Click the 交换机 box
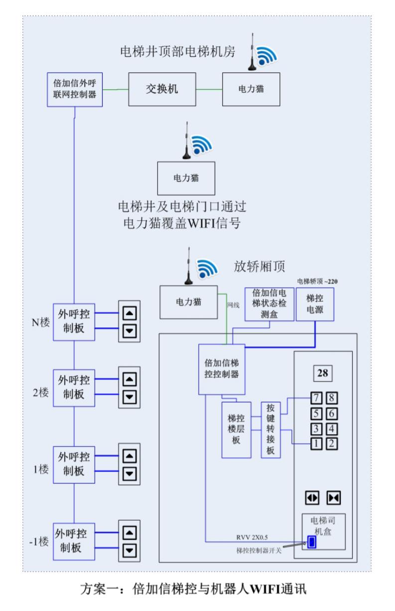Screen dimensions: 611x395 [162, 89]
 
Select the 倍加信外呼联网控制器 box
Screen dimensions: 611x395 [75, 89]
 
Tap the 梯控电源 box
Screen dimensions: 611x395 [315, 305]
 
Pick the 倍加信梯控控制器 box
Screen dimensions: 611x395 [222, 368]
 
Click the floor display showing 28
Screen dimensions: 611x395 [323, 373]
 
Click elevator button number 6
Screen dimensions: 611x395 [332, 413]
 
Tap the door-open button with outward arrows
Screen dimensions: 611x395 [313, 498]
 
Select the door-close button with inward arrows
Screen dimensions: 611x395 [333, 498]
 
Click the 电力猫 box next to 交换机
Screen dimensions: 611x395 [251, 89]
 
